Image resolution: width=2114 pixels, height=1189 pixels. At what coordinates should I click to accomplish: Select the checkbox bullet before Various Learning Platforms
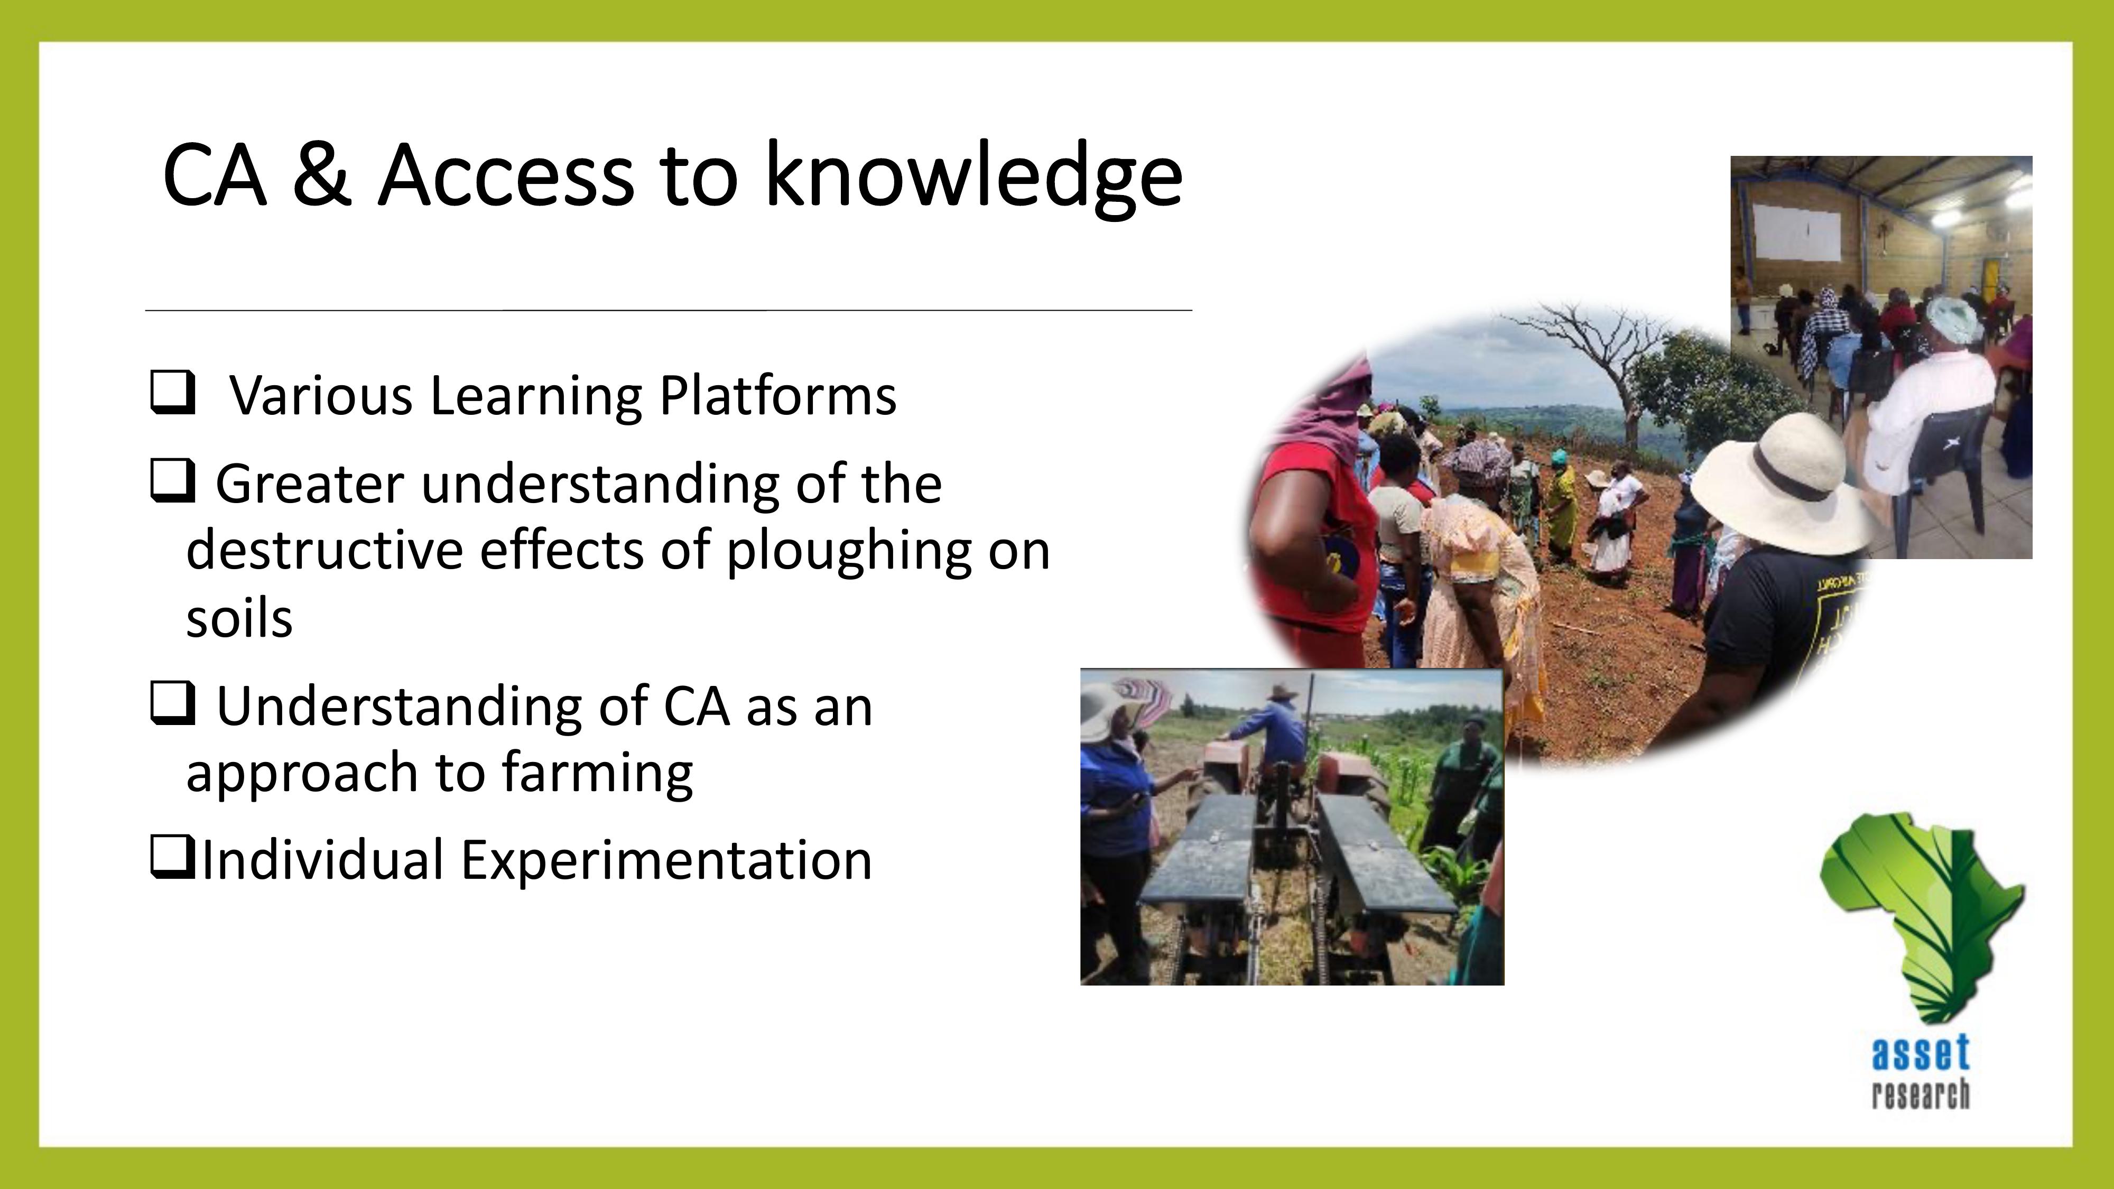pyautogui.click(x=172, y=393)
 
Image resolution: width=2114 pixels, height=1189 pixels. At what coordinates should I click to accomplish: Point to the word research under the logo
pyautogui.click(x=1921, y=1094)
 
